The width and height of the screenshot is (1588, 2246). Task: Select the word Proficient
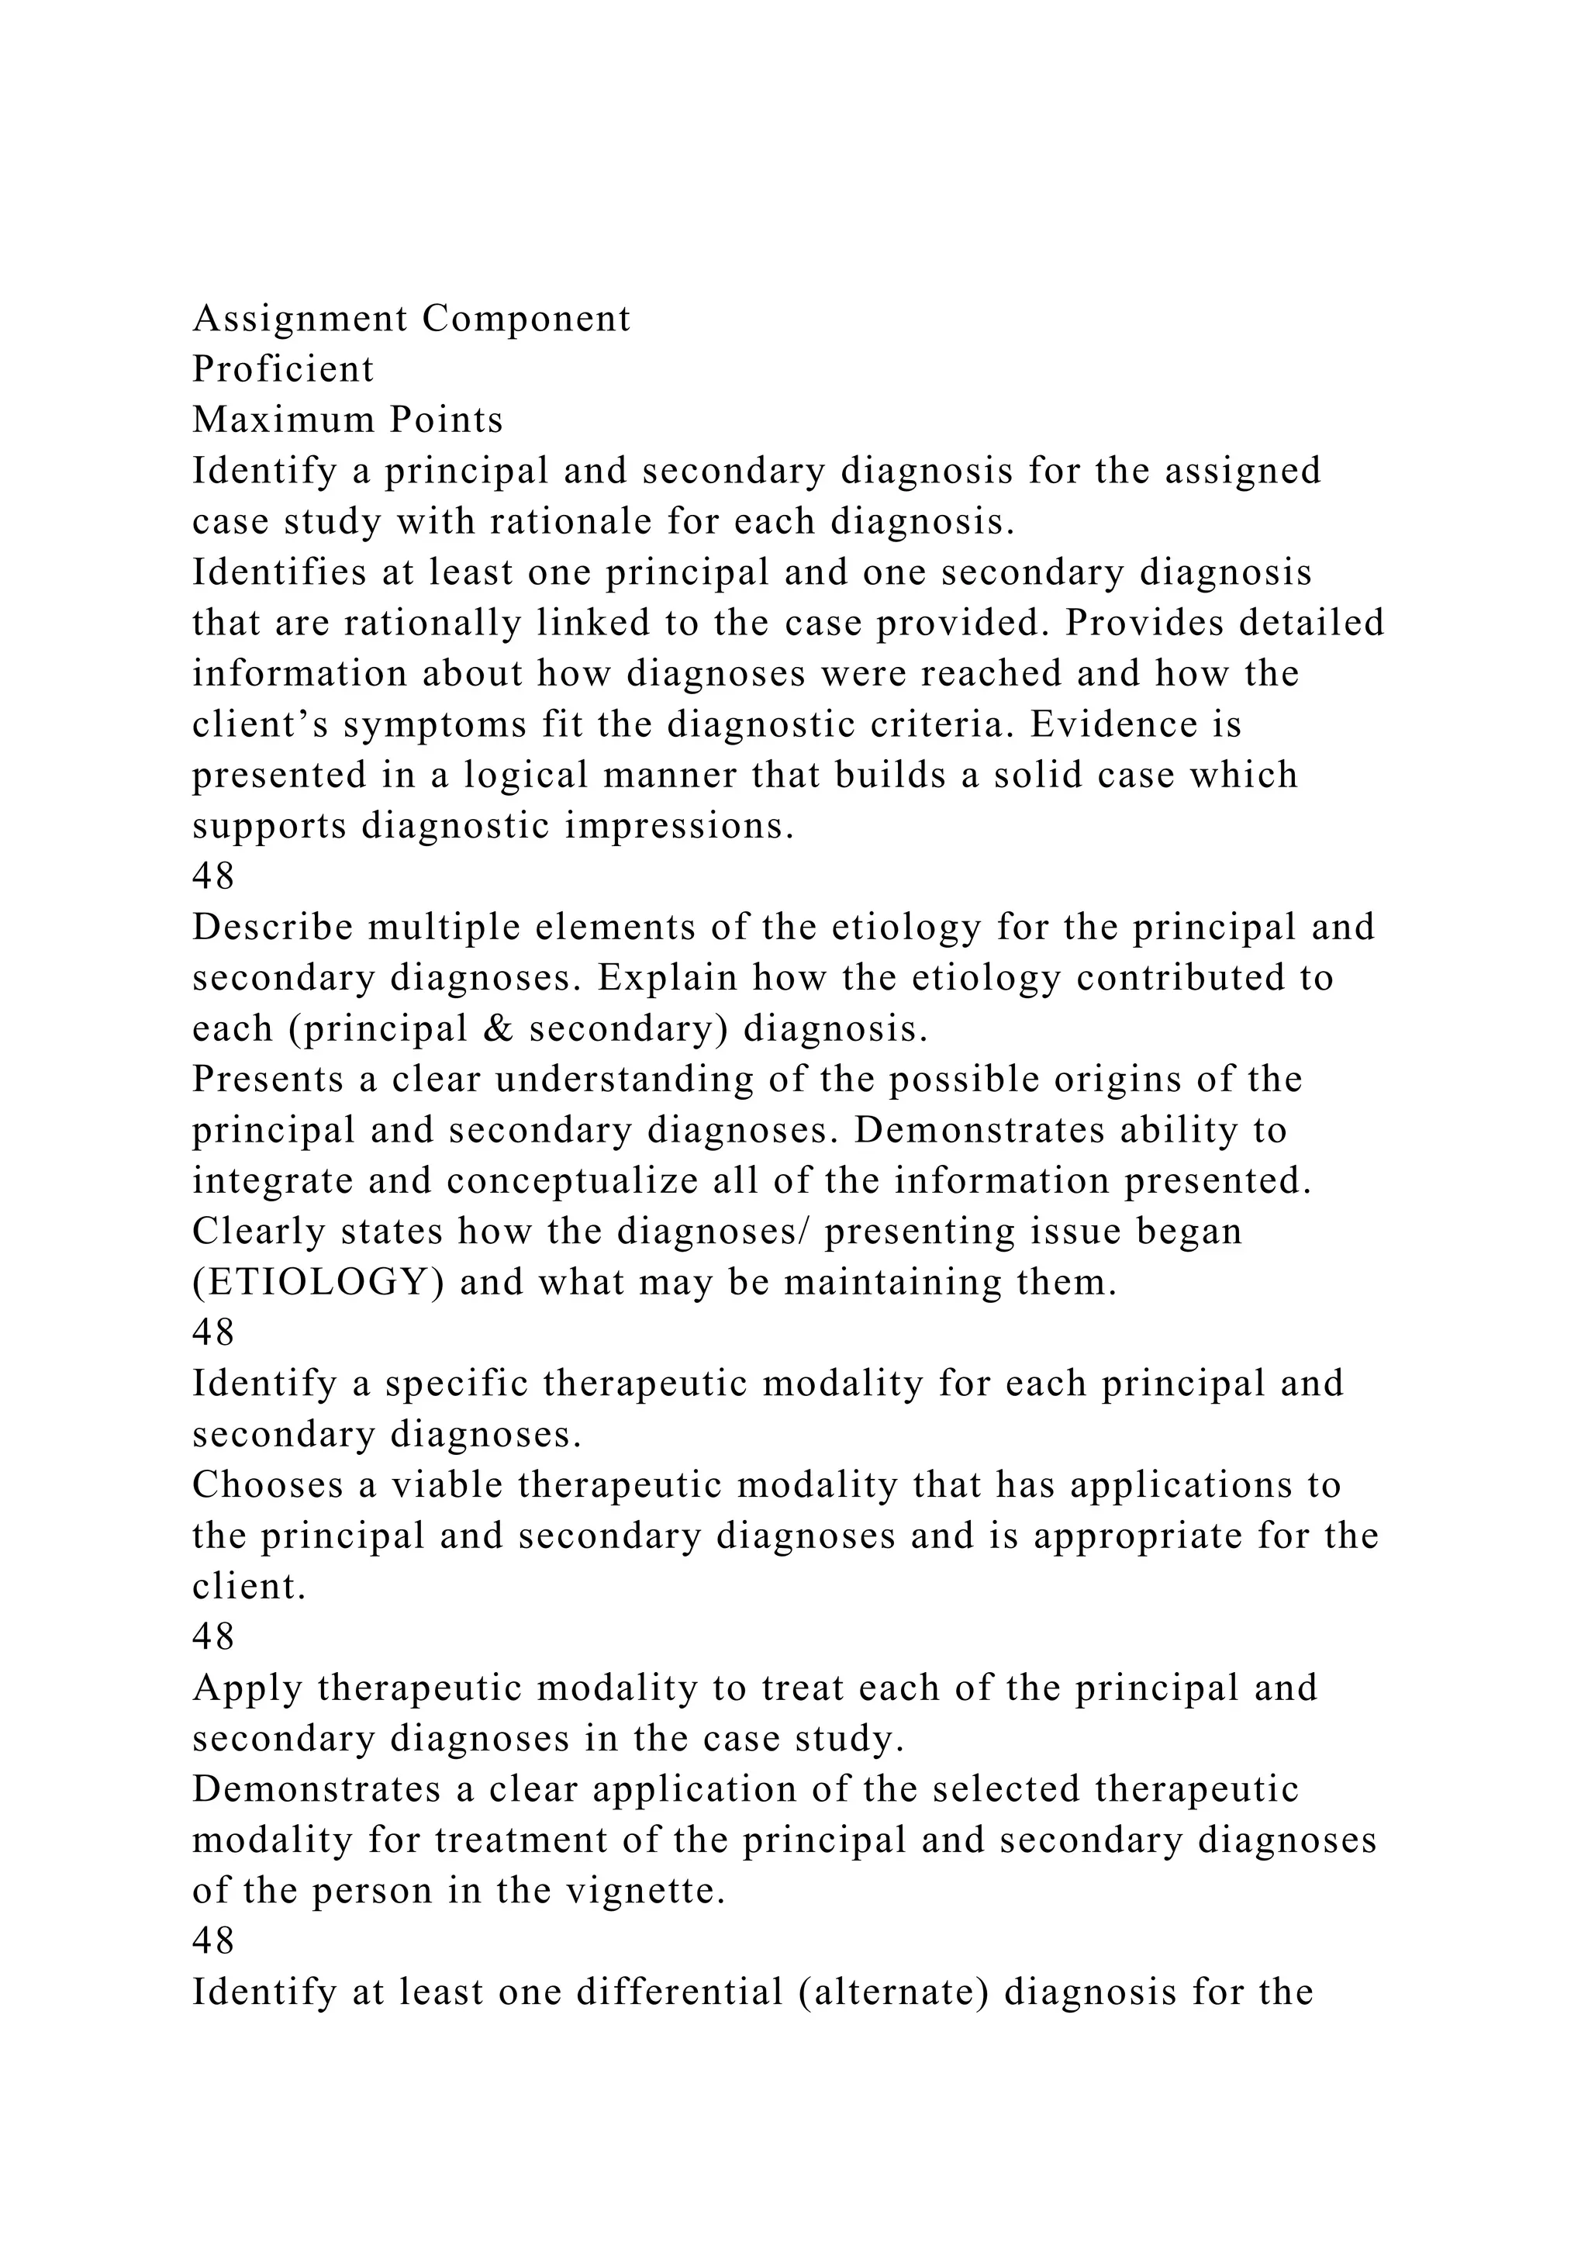282,369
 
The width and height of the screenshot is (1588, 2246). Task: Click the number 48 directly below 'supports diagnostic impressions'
213,876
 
